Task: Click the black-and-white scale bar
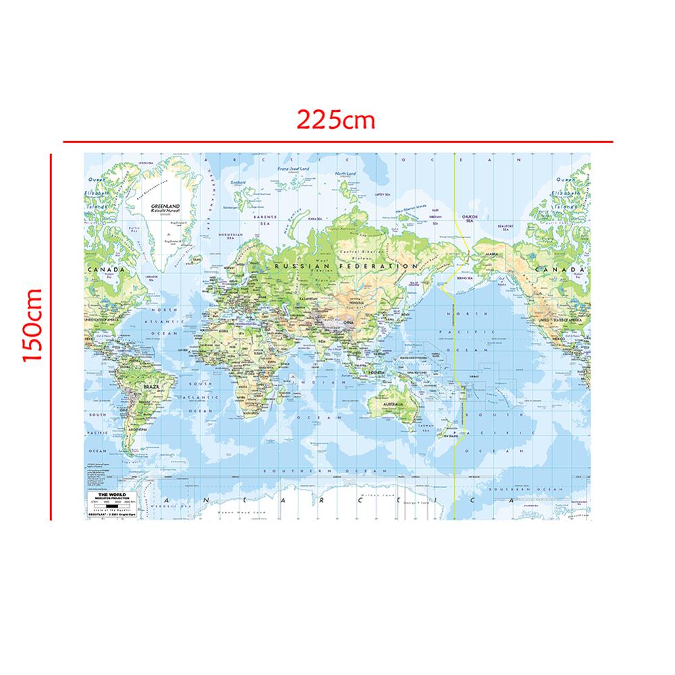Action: pos(112,506)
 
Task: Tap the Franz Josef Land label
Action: pos(296,169)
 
